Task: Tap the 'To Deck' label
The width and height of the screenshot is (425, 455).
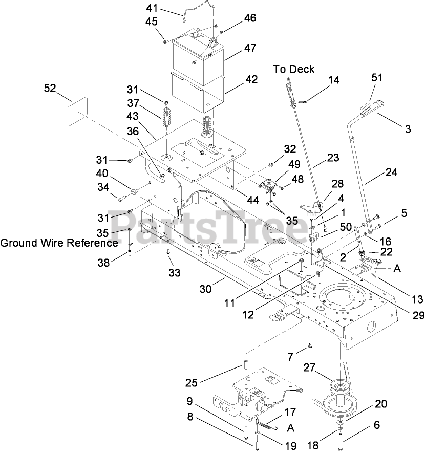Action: tap(293, 69)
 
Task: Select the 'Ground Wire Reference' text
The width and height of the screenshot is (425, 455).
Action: tap(59, 242)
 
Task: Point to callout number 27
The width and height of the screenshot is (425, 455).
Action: tap(324, 367)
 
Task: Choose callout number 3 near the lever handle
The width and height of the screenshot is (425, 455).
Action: tap(408, 129)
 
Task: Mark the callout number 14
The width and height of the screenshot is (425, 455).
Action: tap(333, 80)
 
